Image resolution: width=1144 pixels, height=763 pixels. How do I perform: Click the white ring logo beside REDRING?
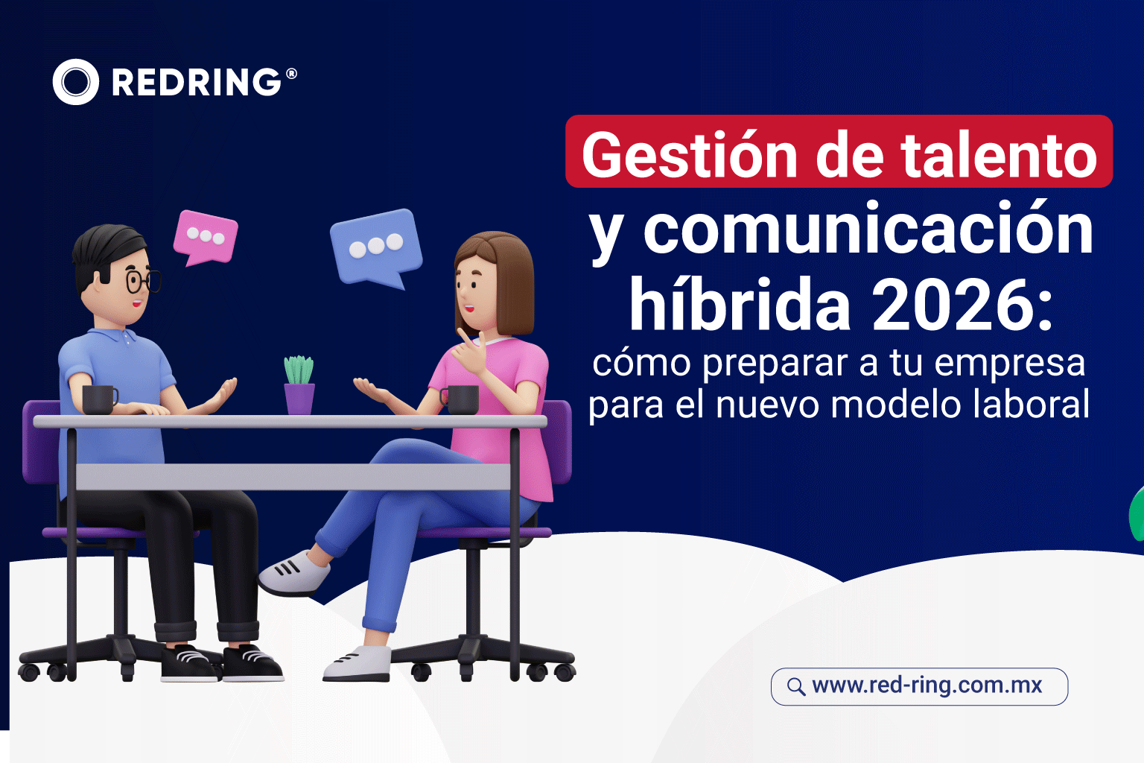75,82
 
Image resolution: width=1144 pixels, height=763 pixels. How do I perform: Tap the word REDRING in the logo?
197,82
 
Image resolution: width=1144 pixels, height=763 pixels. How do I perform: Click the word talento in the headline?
999,155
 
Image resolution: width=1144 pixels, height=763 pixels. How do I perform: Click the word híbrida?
740,305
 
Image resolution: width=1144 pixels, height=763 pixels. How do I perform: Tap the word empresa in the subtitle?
1010,364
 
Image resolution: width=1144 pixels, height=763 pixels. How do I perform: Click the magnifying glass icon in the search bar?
796,686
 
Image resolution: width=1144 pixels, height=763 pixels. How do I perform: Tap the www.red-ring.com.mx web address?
927,686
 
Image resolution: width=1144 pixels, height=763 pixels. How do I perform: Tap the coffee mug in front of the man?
98,399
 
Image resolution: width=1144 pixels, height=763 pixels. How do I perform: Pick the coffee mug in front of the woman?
462,399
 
